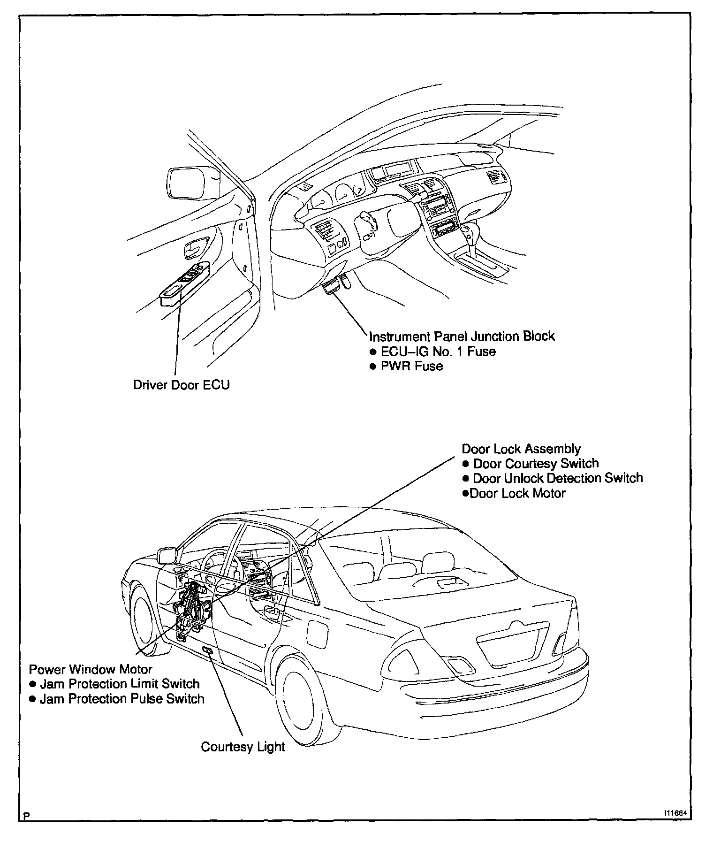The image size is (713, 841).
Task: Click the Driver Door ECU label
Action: point(182,385)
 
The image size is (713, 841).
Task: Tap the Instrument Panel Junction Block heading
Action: point(462,336)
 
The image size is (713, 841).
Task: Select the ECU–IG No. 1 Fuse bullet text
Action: point(437,352)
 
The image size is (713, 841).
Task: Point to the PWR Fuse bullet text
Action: point(411,366)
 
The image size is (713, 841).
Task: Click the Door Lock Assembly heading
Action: point(521,449)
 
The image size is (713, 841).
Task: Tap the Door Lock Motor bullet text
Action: point(517,493)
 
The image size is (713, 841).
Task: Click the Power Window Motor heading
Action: point(91,669)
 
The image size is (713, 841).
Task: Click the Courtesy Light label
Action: point(243,747)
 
